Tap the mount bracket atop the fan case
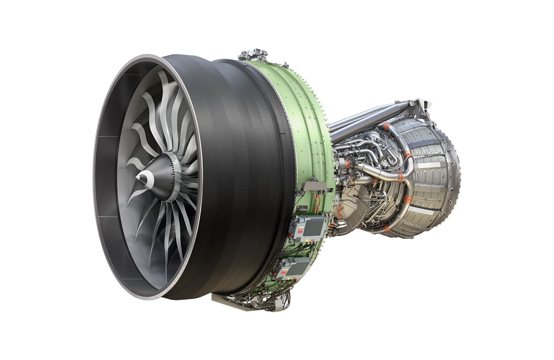253,54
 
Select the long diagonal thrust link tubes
365,118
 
